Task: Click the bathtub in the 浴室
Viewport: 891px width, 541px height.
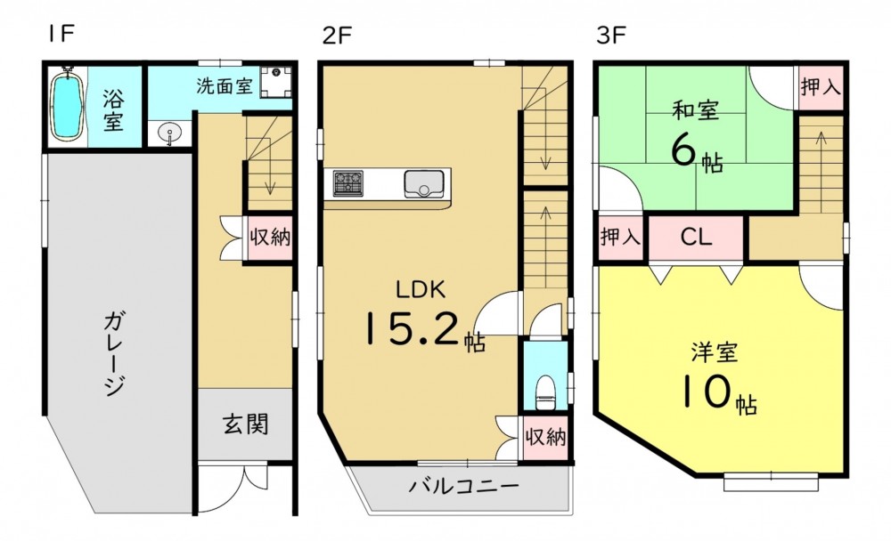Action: [68, 103]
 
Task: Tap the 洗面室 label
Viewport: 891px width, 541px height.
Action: [225, 85]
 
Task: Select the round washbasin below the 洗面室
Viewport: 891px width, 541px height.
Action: [168, 134]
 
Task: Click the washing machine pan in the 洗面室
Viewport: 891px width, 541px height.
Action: [276, 83]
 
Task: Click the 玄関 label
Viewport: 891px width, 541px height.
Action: [245, 424]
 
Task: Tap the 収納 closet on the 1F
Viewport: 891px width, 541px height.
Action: [270, 238]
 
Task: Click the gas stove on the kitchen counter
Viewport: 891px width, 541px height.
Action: [347, 183]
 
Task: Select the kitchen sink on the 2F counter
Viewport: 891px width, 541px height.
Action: [424, 183]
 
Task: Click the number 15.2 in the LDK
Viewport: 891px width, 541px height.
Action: [410, 328]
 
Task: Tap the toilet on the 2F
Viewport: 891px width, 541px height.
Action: [545, 392]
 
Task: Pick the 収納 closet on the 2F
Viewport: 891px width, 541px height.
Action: [545, 438]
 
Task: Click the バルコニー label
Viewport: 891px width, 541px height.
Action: [464, 487]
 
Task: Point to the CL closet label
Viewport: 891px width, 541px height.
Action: [696, 237]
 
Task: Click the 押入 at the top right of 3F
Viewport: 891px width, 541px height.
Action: [820, 88]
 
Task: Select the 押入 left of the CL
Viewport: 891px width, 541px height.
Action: [620, 237]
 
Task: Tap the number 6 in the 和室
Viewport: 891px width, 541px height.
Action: [683, 150]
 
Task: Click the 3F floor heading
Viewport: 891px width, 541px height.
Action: [611, 35]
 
